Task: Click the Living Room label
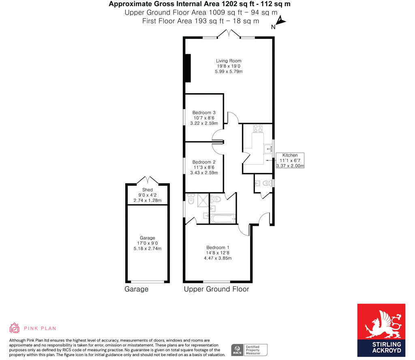[229, 61]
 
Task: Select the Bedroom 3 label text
[204, 113]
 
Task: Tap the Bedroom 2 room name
[204, 162]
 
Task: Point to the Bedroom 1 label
[218, 248]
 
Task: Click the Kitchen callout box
[290, 161]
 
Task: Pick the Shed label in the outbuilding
[148, 190]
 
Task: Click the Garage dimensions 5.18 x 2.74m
[148, 249]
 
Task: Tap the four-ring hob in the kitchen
[257, 129]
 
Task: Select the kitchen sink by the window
[268, 149]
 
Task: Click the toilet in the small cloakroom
[266, 184]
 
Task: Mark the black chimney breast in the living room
[188, 68]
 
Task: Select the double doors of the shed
[148, 180]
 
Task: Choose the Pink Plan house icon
[15, 328]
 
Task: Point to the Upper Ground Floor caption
[216, 289]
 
